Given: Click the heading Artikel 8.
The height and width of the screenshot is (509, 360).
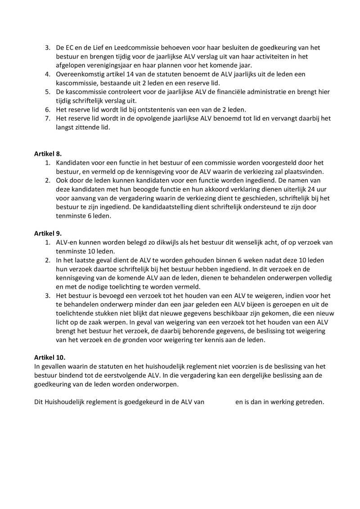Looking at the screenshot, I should tap(48, 153).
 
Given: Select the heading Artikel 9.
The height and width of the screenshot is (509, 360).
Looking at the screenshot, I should tap(48, 234).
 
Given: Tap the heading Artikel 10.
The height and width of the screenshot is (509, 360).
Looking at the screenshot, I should tap(49, 357).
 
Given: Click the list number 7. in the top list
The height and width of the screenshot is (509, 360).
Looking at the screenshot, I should tap(47, 118).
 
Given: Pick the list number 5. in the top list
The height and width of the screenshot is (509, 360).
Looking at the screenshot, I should tap(47, 92).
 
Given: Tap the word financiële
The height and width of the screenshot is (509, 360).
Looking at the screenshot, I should tap(227, 92).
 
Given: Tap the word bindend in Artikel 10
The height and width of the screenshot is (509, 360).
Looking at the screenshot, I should tap(73, 375).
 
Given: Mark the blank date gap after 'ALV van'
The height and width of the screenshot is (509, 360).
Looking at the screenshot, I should tap(220, 402).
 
